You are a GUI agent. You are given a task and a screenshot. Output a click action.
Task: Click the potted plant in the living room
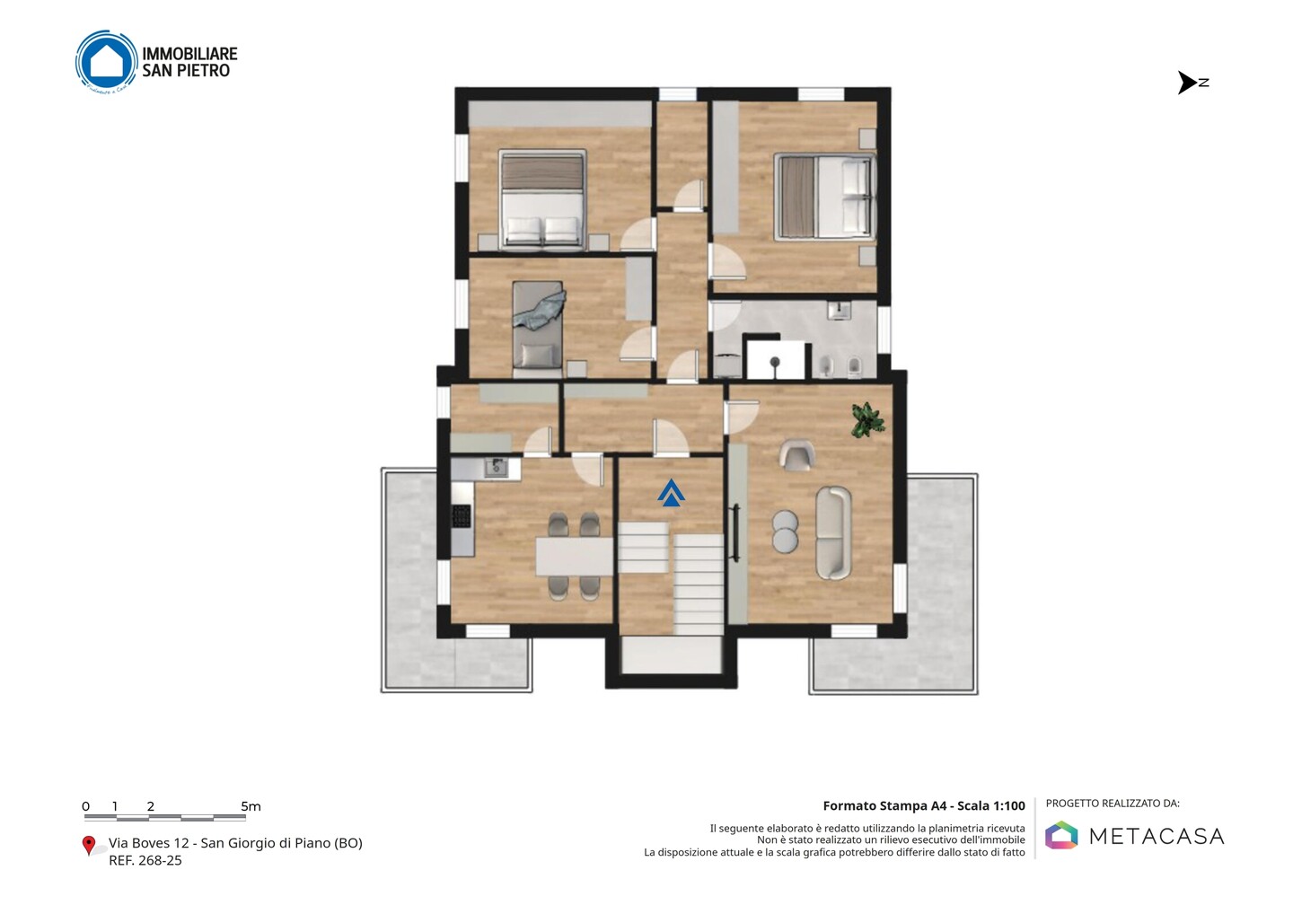[x=867, y=419]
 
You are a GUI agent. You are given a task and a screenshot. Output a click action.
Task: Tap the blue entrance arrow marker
[x=671, y=493]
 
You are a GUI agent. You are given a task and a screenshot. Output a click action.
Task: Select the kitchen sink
[x=496, y=468]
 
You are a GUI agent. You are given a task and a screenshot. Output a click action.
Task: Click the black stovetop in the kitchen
[x=462, y=516]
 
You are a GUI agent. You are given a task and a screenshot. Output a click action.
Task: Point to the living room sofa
[x=833, y=532]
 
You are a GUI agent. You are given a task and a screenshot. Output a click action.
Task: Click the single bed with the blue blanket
[x=538, y=324]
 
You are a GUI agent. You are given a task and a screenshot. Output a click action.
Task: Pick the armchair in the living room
[x=797, y=455]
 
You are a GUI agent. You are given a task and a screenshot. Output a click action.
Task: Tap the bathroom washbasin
[x=839, y=311]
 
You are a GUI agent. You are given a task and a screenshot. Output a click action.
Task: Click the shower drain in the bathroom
[x=775, y=362]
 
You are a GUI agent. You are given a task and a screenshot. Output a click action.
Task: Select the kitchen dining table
[x=574, y=557]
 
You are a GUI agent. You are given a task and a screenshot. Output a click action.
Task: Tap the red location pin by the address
[x=88, y=846]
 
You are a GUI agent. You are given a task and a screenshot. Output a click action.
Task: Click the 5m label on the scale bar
[x=251, y=806]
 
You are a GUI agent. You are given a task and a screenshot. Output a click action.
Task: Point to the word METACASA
[x=1157, y=836]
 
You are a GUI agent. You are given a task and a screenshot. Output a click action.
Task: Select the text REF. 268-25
[x=145, y=860]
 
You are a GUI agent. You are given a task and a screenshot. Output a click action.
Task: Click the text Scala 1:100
[x=991, y=805]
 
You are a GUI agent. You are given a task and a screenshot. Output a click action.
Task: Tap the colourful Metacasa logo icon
[x=1061, y=835]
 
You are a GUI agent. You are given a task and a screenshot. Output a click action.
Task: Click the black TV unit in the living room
[x=736, y=532]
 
